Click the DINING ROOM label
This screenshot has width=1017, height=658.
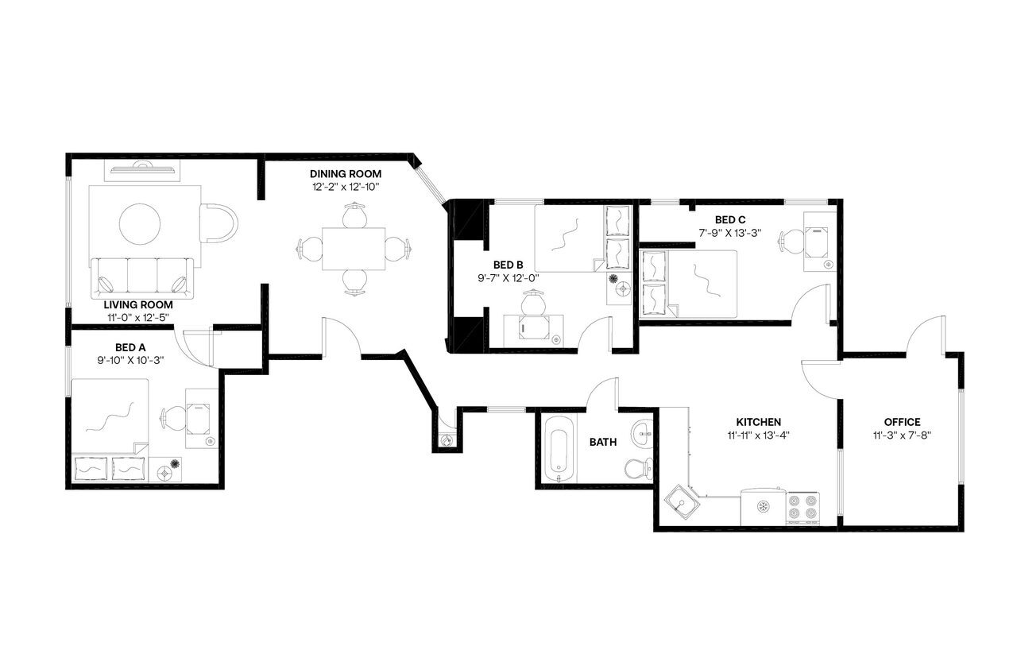click(x=346, y=174)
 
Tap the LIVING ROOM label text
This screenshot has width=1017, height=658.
click(x=138, y=304)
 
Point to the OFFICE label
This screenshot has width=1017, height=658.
click(x=902, y=422)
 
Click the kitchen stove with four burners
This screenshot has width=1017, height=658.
click(x=802, y=507)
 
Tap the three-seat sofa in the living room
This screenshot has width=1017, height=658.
click(x=143, y=275)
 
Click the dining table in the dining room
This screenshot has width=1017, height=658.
click(x=354, y=249)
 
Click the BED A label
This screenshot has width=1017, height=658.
click(x=130, y=347)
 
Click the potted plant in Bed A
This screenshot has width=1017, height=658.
click(x=175, y=464)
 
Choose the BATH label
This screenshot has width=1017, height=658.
click(x=604, y=442)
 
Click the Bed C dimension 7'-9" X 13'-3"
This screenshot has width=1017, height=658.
click(x=729, y=233)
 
